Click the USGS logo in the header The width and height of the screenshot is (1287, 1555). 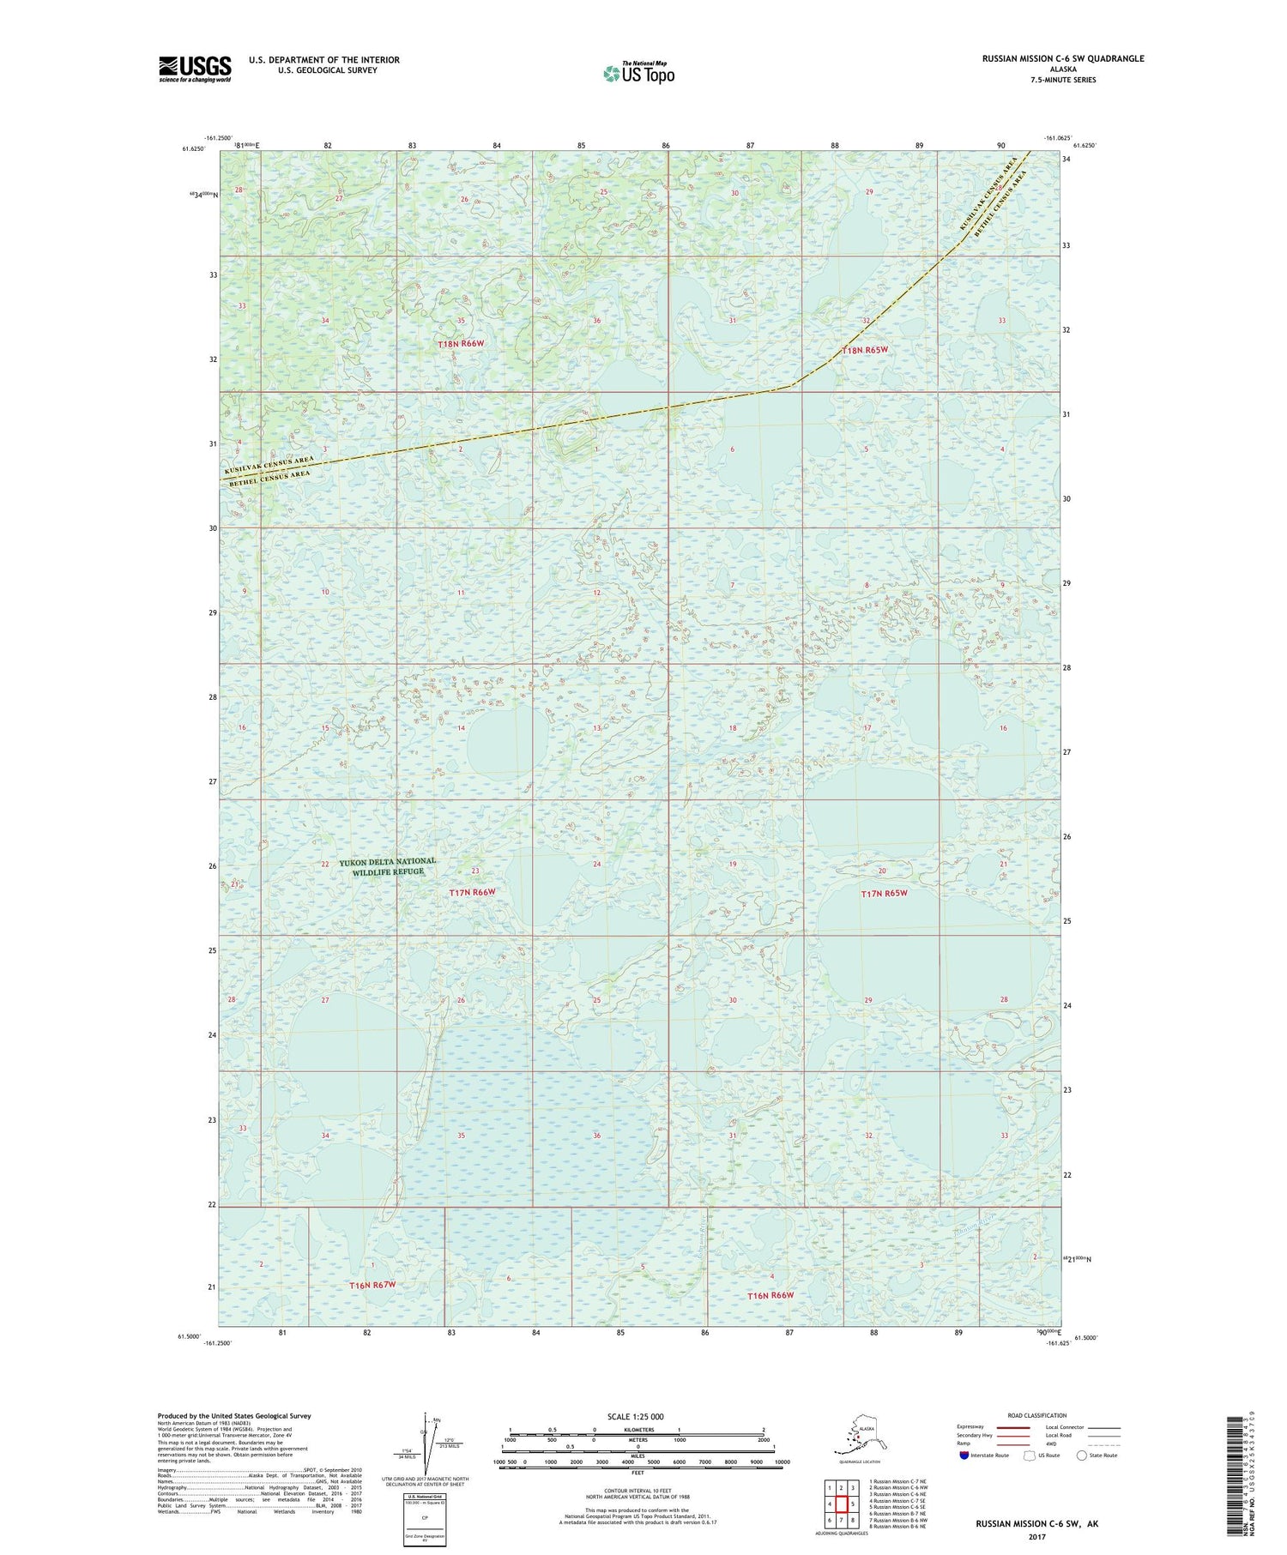[195, 69]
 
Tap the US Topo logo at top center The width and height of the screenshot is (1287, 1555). [639, 73]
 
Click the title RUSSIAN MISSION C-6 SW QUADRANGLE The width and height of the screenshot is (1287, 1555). [1063, 58]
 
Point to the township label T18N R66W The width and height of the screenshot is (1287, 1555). [461, 344]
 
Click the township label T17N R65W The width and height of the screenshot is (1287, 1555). [884, 893]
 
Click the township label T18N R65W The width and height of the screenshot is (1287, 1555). [864, 350]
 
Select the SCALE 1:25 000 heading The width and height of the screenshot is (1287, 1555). [635, 1416]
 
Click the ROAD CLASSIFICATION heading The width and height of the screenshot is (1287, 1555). [1037, 1415]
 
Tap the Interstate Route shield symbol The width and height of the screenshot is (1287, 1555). [964, 1456]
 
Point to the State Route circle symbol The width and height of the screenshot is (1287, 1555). [1082, 1455]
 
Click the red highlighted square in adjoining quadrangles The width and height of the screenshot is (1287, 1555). [842, 1504]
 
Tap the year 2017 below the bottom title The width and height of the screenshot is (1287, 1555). [1036, 1536]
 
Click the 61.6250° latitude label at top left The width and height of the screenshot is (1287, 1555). [194, 148]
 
